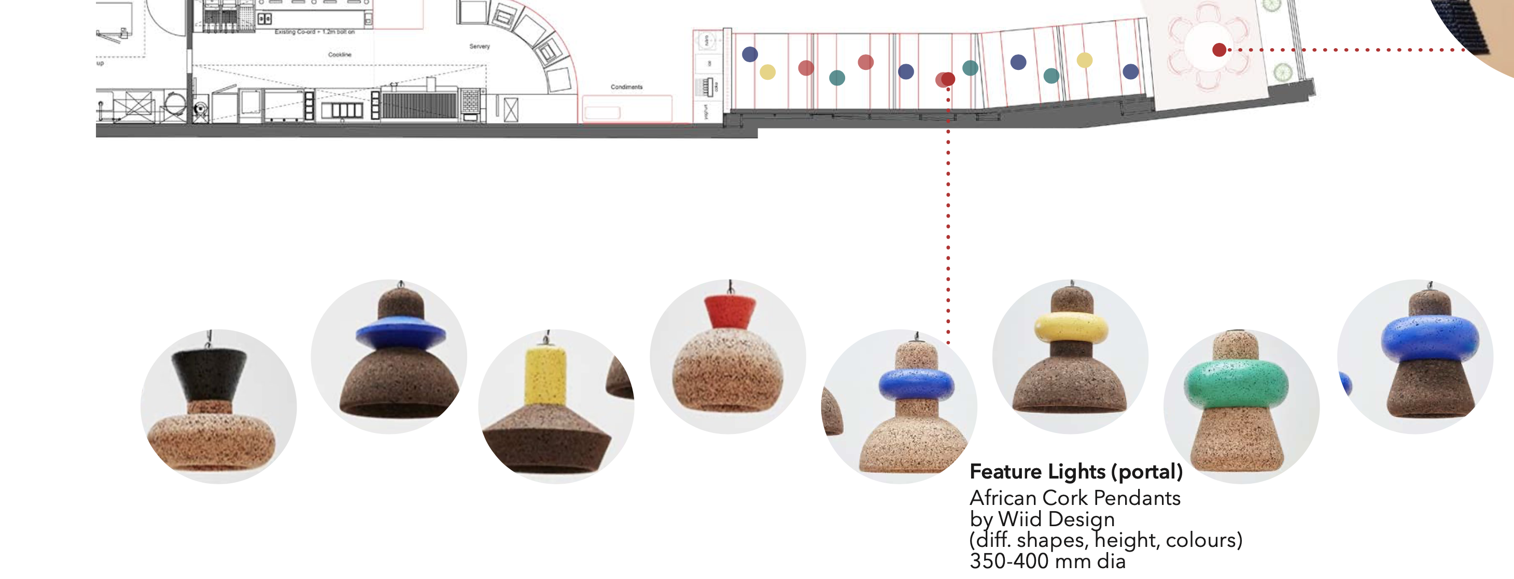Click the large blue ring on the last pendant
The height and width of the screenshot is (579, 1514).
point(1429,338)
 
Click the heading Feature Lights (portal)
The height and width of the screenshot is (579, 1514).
point(1075,472)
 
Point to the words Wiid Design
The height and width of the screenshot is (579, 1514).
point(1056,519)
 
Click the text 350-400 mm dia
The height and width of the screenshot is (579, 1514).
point(1047,561)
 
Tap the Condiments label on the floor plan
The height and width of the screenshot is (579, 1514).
point(626,87)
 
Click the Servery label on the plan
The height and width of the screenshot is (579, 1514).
point(479,47)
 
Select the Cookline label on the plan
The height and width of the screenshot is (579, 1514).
point(339,54)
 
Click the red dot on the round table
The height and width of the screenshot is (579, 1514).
point(1219,50)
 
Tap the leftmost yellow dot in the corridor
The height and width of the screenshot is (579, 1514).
point(767,72)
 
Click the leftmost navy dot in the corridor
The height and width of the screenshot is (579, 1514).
point(749,54)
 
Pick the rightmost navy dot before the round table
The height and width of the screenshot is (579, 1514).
point(1130,71)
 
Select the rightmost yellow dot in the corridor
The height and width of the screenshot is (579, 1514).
point(1084,60)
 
